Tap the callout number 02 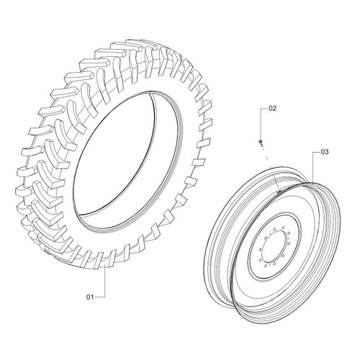(272, 109)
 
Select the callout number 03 (325, 153)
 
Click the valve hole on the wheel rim (276, 191)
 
